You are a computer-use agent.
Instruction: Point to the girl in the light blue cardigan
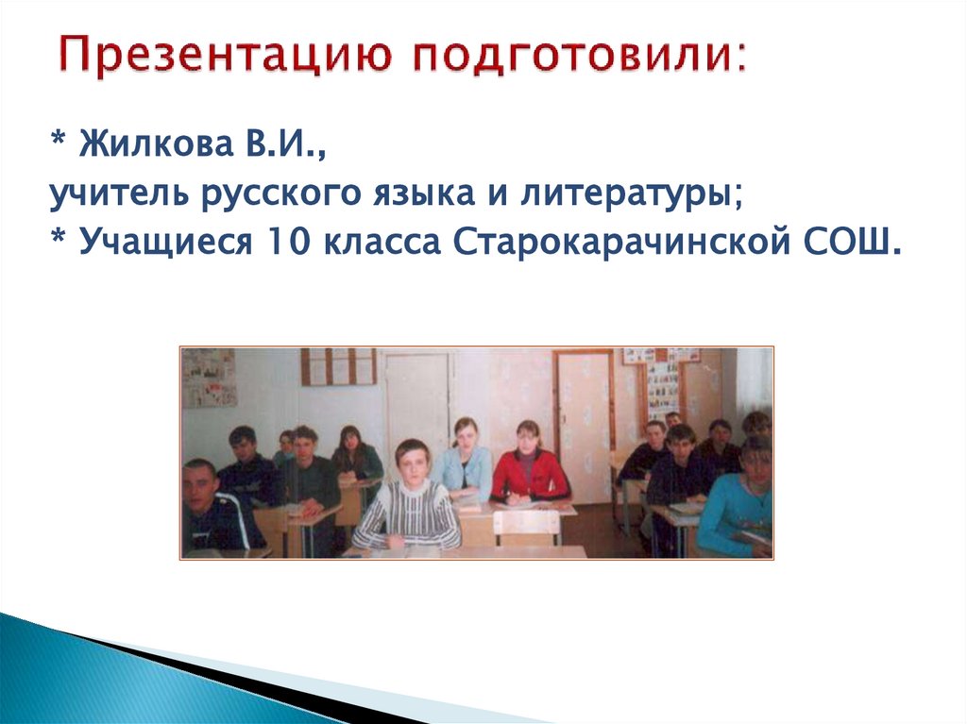click(x=463, y=463)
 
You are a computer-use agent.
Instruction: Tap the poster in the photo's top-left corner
click(x=209, y=378)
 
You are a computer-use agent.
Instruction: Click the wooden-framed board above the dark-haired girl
click(x=338, y=366)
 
